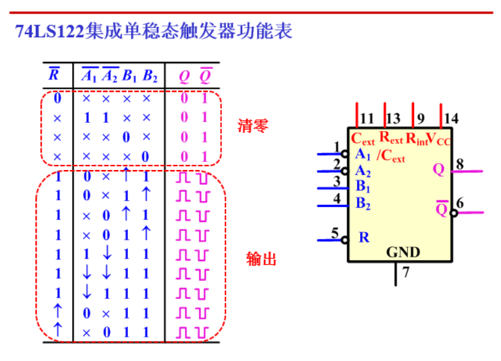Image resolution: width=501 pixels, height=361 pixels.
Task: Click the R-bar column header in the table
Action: [x=55, y=76]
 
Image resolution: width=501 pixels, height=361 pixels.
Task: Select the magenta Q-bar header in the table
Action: [x=205, y=76]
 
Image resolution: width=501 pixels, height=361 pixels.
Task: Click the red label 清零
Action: [x=253, y=126]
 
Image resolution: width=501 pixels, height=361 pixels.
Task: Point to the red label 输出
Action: [x=261, y=259]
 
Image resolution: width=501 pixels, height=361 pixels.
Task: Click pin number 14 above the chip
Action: [x=451, y=118]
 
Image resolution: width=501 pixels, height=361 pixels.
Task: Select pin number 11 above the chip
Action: [x=367, y=118]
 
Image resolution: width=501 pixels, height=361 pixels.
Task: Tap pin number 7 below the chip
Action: [x=406, y=272]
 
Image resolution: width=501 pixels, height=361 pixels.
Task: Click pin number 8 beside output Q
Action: [x=459, y=164]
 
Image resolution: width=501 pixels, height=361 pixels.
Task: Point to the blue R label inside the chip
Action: [x=364, y=237]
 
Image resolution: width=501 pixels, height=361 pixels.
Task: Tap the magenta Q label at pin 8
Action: [x=439, y=169]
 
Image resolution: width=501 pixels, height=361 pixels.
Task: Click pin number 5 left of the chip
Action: [x=335, y=233]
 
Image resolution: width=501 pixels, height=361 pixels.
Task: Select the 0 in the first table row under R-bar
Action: [x=58, y=98]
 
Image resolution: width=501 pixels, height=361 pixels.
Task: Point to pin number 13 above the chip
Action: [x=393, y=118]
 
